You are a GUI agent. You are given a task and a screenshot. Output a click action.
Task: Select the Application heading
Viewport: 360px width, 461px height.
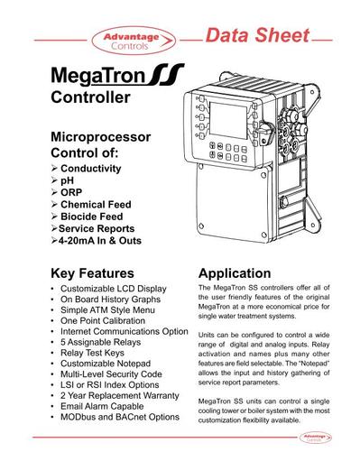click(x=234, y=273)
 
